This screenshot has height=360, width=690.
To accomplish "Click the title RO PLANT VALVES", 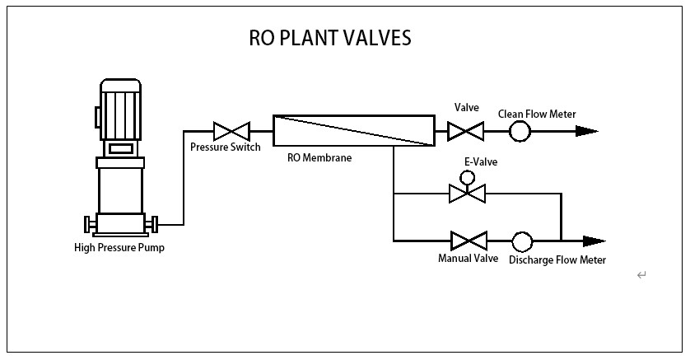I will click(329, 39).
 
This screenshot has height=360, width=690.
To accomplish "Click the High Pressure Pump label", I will click(119, 248).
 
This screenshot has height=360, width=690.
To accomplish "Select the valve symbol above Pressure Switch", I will click(231, 131).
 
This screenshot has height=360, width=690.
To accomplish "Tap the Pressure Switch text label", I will click(225, 147).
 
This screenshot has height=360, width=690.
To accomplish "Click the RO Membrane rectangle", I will click(353, 130).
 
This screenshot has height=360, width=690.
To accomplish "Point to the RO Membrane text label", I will click(319, 158).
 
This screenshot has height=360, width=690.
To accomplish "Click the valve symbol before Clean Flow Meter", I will click(466, 131).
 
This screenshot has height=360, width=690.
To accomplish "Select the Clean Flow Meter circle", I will click(520, 131).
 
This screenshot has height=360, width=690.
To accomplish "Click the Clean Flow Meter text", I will click(537, 114).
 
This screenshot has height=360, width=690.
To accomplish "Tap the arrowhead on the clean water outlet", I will click(585, 131).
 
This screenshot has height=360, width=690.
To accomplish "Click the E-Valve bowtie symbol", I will click(467, 194).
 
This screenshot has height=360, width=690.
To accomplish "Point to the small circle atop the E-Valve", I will click(467, 177).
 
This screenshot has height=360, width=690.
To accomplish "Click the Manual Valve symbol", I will click(469, 241).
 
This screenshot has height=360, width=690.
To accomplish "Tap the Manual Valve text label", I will click(468, 259).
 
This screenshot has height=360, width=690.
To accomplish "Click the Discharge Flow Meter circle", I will click(522, 241).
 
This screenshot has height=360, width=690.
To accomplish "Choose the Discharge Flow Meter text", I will click(557, 260).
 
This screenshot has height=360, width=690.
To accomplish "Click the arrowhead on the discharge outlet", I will click(593, 241).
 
